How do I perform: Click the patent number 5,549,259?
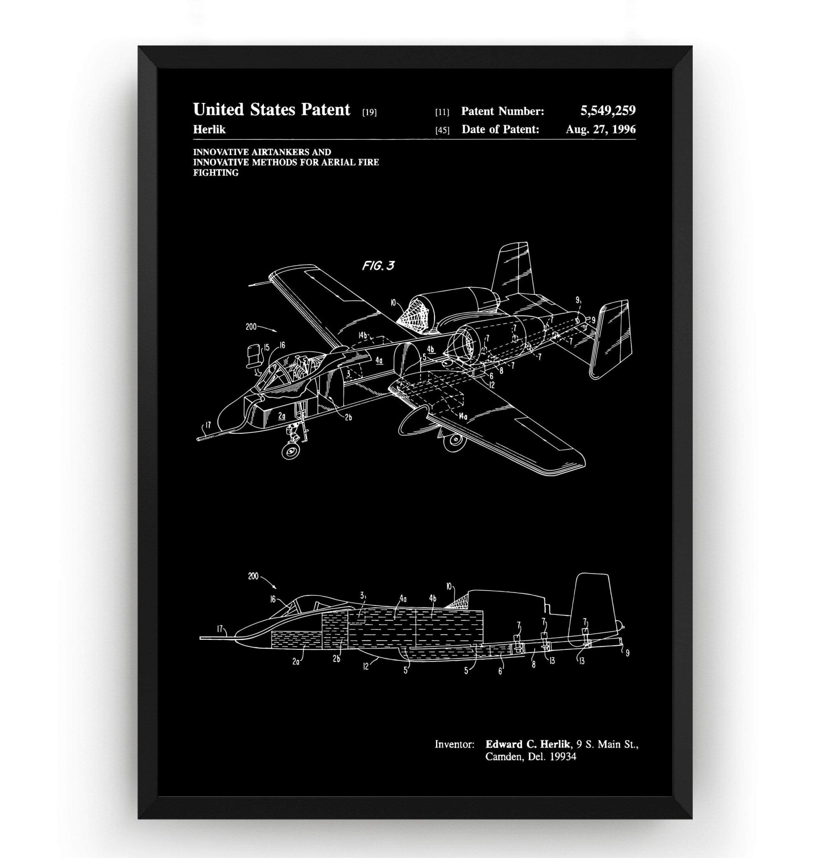608,111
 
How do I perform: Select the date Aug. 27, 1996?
601,129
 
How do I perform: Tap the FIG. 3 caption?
378,266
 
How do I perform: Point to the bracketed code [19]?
369,113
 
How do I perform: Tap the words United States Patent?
272,110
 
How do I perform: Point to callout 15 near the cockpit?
266,347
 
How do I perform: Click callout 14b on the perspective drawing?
363,335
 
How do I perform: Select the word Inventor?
454,744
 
